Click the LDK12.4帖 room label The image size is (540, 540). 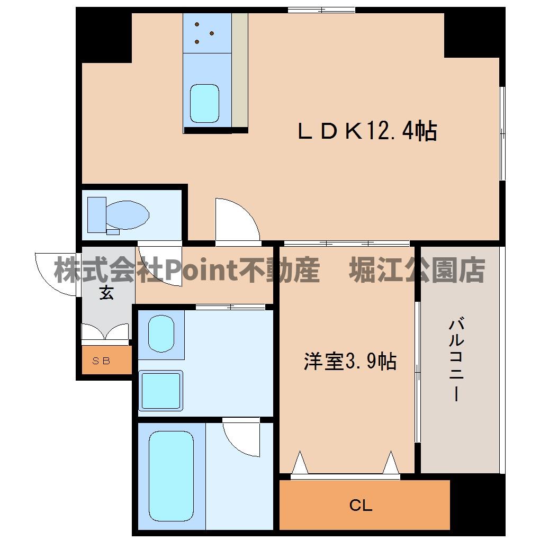pyautogui.click(x=367, y=131)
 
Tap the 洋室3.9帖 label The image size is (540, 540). pyautogui.click(x=349, y=362)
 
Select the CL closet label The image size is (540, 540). pyautogui.click(x=361, y=506)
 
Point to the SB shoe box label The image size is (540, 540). pyautogui.click(x=101, y=362)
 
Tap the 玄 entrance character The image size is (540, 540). pyautogui.click(x=107, y=292)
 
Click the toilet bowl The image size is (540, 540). pyautogui.click(x=127, y=214)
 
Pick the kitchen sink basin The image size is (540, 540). pyautogui.click(x=204, y=103)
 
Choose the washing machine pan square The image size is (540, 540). pyautogui.click(x=161, y=390)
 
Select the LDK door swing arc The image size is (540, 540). pyautogui.click(x=236, y=220)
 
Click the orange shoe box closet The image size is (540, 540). pyautogui.click(x=106, y=361)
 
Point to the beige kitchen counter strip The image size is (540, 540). pyautogui.click(x=240, y=69)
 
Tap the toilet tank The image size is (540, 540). pyautogui.click(x=96, y=214)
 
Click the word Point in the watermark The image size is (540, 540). pyautogui.click(x=196, y=271)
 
